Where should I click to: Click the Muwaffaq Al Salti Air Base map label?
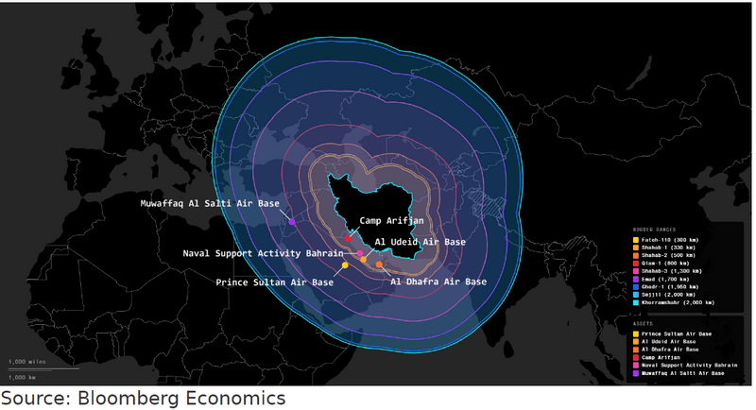point(210,203)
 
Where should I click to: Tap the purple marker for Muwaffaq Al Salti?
point(292,222)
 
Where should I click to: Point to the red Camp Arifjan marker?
point(349,238)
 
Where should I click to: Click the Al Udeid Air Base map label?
point(420,242)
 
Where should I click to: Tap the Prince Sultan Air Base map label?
point(274,282)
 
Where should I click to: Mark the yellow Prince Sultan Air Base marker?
point(345,265)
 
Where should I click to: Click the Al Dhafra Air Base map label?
point(438,282)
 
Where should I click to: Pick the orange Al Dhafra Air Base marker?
point(379,265)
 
